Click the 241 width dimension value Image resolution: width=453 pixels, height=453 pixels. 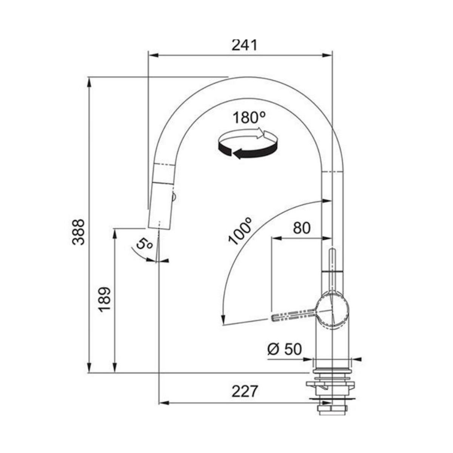(245, 45)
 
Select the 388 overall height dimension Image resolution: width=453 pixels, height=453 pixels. (78, 232)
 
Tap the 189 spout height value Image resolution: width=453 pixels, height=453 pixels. (105, 299)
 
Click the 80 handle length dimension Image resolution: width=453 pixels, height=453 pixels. (302, 228)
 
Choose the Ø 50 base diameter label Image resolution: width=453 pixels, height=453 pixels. (285, 356)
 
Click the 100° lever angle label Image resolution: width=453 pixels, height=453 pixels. (240, 231)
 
